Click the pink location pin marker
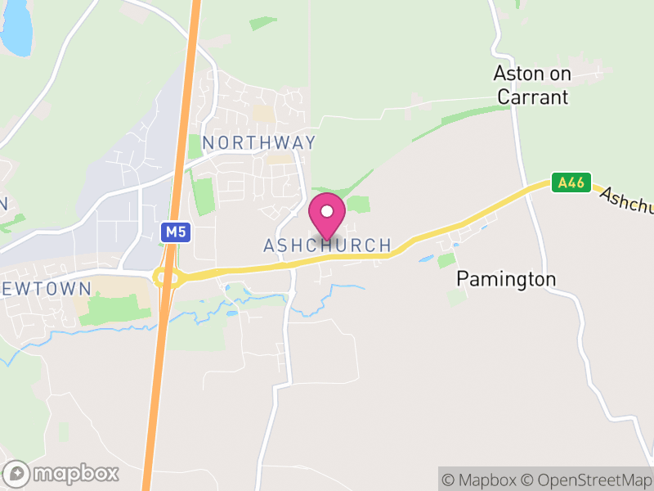coord(327,215)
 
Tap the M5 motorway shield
coord(175,232)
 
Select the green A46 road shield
coord(569,183)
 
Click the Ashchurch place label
coord(327,245)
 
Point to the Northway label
coord(258,142)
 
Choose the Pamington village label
coord(506,279)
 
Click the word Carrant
coord(531,97)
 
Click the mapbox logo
coord(62,473)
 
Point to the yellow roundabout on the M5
coord(166,277)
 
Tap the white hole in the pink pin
coord(327,211)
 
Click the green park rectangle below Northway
coord(202,196)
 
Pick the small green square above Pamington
coord(446,260)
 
